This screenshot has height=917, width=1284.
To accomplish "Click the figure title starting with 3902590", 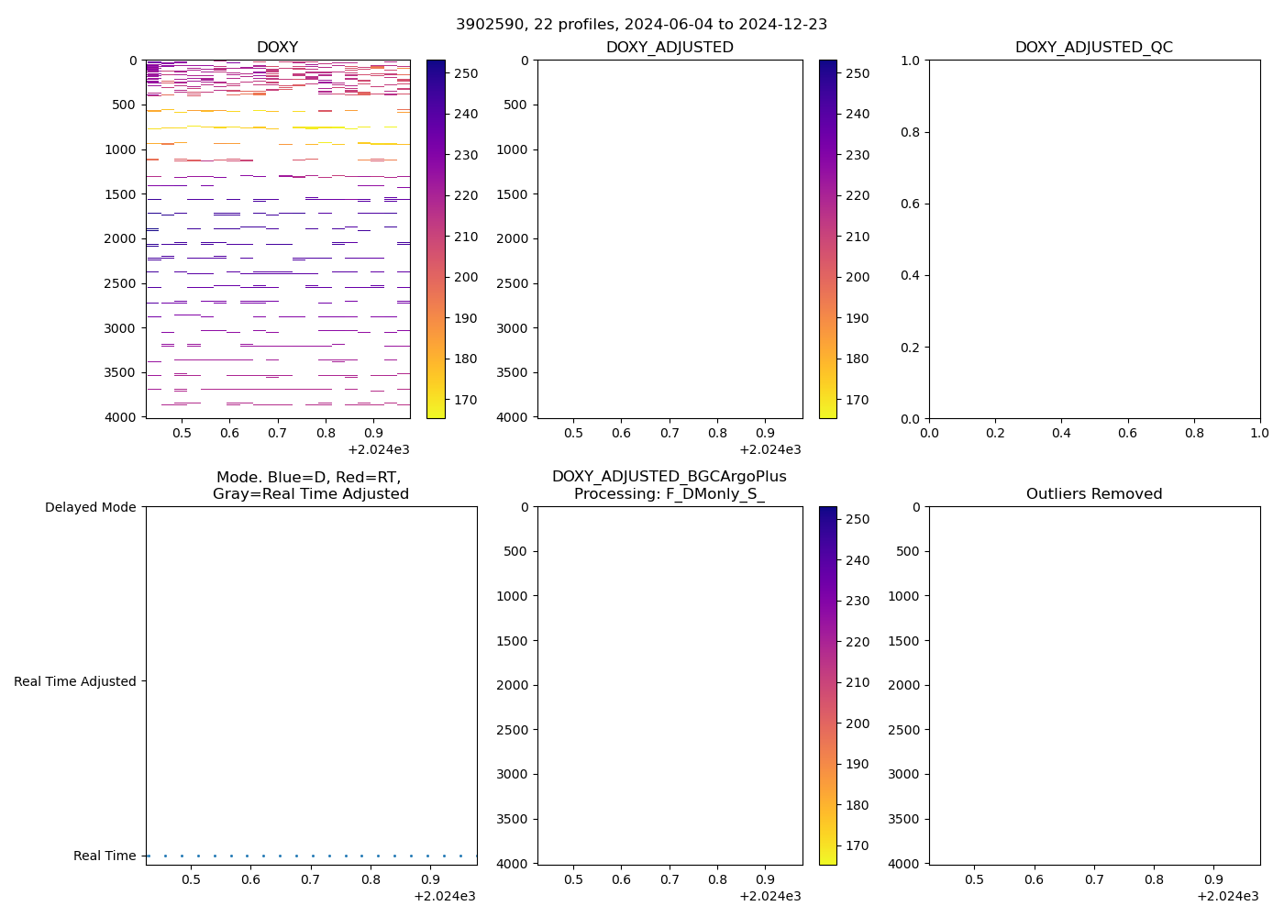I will pos(642,24).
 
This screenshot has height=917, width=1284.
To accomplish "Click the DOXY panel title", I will pos(277,47).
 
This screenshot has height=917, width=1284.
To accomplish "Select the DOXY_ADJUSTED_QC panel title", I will pos(1093,47).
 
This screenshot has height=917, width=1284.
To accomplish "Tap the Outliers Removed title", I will pos(1093,493).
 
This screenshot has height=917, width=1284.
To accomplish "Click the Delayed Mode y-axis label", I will pos(90,507).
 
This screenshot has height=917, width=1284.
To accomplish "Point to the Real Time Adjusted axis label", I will pos(75,681).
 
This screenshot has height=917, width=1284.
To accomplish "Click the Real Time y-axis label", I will pos(105,856).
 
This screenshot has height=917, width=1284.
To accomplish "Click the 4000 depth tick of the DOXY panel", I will pos(121,417).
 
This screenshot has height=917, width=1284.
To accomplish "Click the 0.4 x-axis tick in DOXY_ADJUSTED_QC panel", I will pos(1061,432).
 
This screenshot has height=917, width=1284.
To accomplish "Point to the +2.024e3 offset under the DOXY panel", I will pos(378,449).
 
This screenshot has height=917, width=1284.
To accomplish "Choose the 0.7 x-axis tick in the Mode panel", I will pos(311,879).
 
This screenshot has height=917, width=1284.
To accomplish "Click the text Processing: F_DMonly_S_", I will pos(669,493).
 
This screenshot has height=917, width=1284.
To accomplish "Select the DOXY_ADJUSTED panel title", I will pos(670,47).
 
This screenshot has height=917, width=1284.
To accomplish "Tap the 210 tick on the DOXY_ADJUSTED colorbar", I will pos(857,237).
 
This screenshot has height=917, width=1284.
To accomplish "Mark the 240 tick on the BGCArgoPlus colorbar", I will pos(857,560).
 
